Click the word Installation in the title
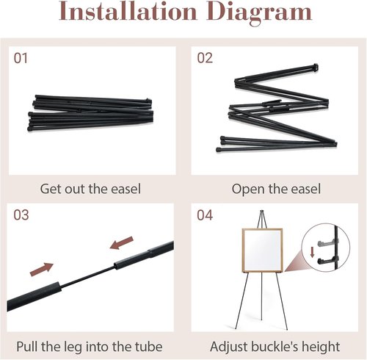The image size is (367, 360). (128, 11)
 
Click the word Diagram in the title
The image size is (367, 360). (259, 12)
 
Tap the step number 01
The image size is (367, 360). (21, 58)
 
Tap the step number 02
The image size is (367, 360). (205, 58)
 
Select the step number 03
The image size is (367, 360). (21, 215)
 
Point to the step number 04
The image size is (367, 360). (205, 215)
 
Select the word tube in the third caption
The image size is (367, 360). (148, 347)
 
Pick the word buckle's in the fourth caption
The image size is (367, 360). (275, 347)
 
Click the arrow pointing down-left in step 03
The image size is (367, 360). (122, 243)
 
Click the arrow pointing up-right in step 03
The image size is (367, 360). (42, 270)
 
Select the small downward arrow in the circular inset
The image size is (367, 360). (312, 252)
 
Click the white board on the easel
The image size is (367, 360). (263, 251)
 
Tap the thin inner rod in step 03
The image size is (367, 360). (87, 276)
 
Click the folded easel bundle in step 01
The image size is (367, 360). (90, 113)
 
